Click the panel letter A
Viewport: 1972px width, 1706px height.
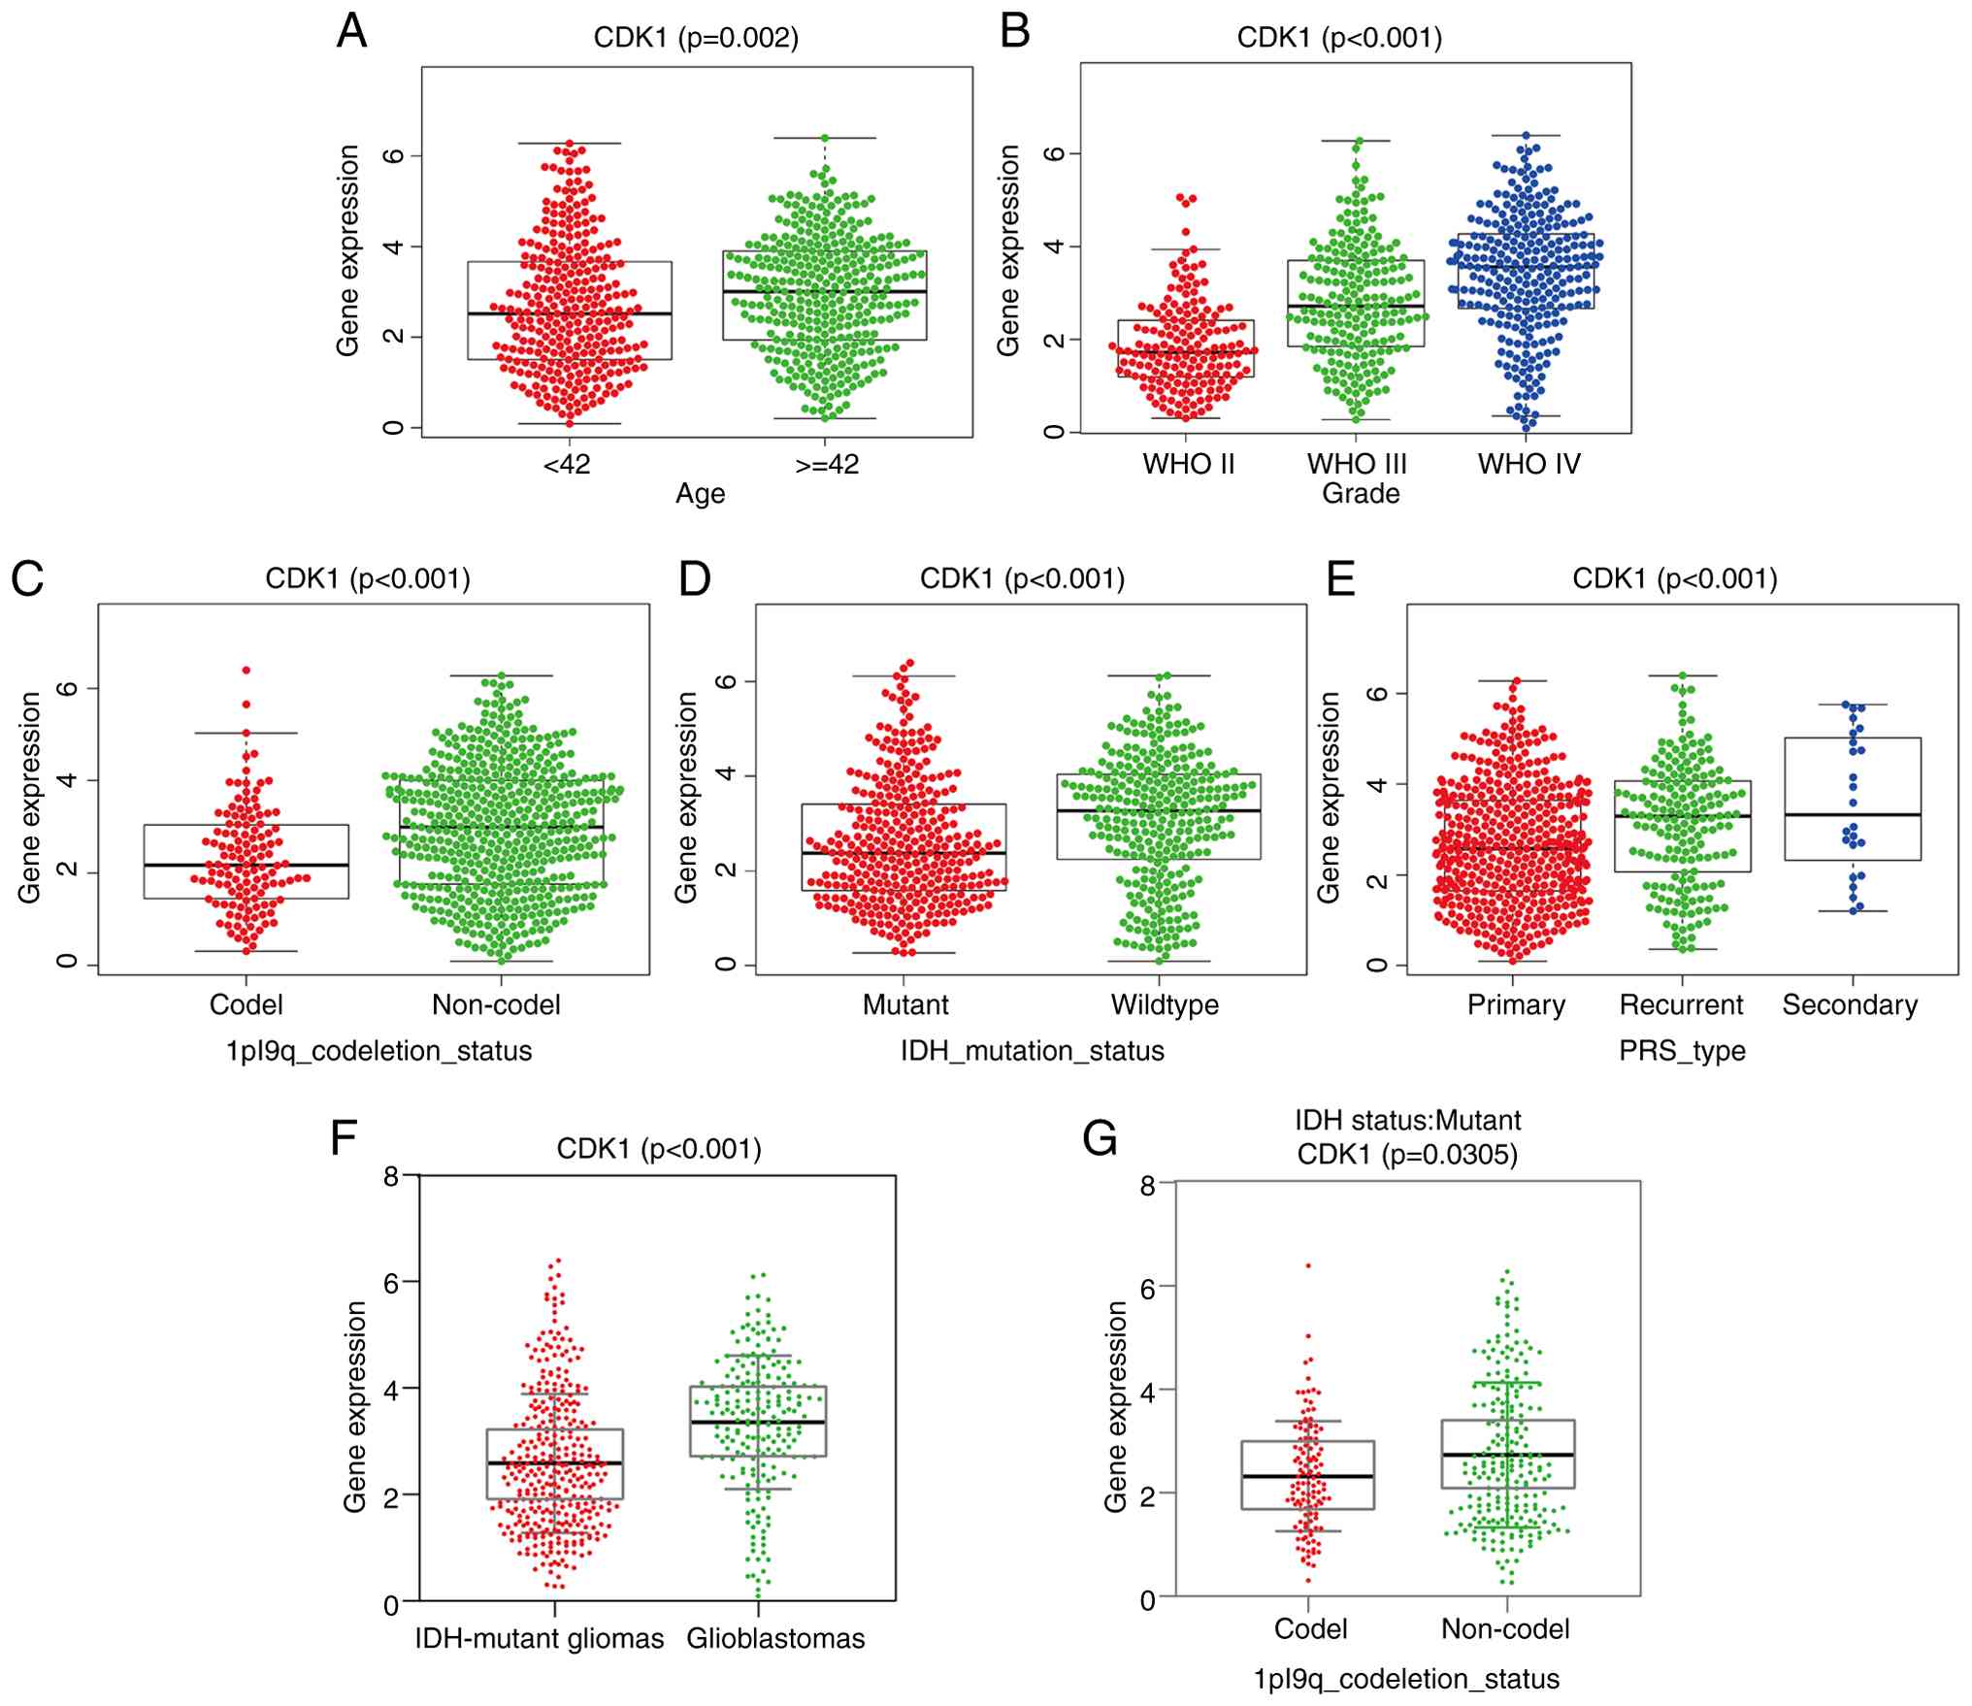tap(351, 31)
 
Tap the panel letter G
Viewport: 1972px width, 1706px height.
tap(1100, 1137)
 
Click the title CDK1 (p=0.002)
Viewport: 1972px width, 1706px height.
tap(696, 38)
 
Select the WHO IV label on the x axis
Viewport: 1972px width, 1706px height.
tap(1528, 464)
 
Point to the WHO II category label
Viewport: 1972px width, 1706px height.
tap(1188, 464)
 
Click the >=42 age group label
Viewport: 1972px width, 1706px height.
tap(827, 464)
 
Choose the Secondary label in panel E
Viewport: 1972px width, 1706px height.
tap(1850, 1004)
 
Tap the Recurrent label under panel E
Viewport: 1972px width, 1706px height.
tap(1681, 1004)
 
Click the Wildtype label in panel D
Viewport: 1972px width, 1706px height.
tap(1165, 1004)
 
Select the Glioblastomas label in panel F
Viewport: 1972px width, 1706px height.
tap(775, 1638)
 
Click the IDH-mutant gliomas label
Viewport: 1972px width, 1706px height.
tap(540, 1638)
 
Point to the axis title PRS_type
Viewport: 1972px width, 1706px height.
tap(1682, 1050)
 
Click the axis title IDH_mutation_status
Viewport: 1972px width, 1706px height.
tap(1032, 1050)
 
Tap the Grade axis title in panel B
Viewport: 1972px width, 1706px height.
tap(1361, 493)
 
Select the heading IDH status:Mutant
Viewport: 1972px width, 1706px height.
tap(1407, 1121)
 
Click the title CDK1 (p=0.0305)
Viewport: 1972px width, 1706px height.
tap(1407, 1155)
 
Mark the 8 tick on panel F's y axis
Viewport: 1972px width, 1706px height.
tap(392, 1176)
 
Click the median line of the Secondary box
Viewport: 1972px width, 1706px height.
tap(1853, 815)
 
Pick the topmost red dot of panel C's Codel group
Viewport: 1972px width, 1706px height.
tap(246, 670)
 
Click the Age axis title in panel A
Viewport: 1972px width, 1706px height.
tap(700, 493)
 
